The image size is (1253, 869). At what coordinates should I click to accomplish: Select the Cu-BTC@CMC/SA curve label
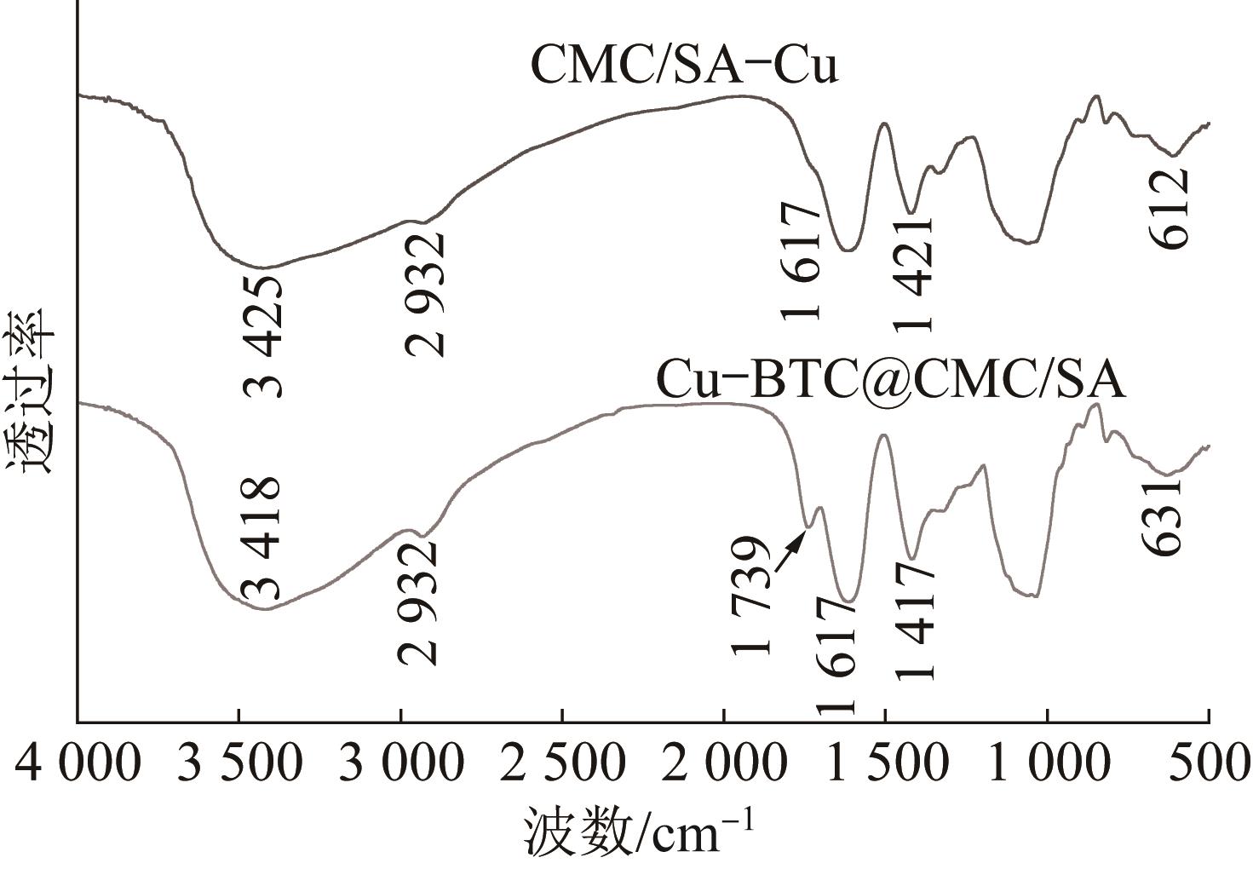[890, 381]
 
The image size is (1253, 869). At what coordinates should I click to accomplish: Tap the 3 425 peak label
[263, 336]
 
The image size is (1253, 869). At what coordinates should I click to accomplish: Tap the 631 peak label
[1163, 518]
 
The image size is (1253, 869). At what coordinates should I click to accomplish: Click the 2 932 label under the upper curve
[425, 294]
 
